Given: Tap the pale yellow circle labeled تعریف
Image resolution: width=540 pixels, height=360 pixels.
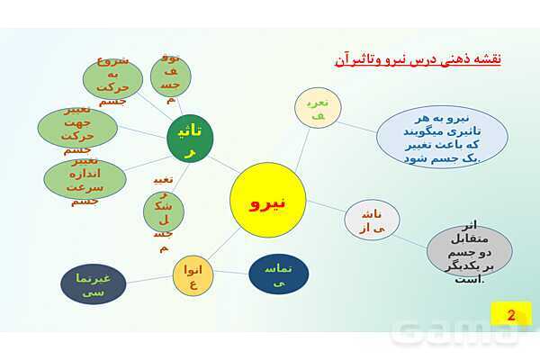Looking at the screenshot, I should [318, 108].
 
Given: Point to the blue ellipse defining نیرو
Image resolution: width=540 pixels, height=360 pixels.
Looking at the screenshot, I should [442, 137].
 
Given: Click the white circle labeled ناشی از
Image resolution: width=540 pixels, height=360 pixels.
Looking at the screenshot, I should [366, 219].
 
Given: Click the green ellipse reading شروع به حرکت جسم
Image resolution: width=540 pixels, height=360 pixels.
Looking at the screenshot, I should [112, 77].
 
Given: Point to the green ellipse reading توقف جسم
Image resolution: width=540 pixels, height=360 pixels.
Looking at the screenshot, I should [171, 73].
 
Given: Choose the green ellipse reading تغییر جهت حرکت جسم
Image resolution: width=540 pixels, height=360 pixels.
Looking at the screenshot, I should [79, 128].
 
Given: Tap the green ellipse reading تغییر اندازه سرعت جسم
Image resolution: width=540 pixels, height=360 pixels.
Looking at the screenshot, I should [85, 178].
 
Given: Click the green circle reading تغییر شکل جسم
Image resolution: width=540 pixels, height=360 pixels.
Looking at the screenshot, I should [164, 212].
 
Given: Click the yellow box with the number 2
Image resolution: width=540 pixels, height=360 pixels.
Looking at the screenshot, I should [510, 315].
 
